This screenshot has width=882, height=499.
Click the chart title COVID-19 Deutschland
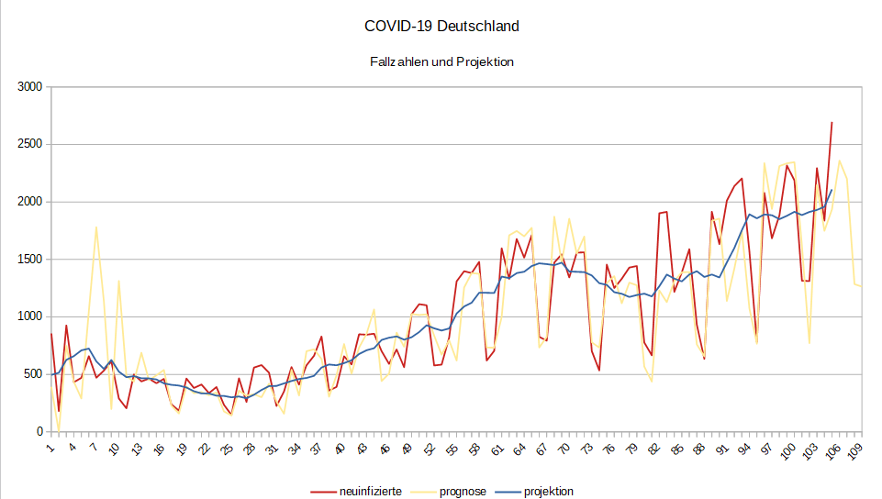point(441,26)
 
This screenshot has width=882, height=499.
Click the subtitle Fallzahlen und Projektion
point(441,62)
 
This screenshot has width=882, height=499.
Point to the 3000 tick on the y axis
point(30,87)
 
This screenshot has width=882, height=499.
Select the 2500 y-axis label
point(30,145)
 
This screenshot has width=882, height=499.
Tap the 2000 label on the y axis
point(30,202)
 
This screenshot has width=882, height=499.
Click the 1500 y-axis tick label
point(30,260)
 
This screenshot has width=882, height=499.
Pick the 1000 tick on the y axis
point(30,316)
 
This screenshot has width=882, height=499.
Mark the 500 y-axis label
point(33,374)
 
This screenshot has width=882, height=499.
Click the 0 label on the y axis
point(39,431)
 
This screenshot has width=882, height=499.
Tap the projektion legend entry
point(548,492)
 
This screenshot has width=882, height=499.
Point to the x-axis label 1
point(50,447)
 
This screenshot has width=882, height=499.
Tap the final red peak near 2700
point(832,122)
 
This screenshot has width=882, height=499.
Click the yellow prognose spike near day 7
point(96,227)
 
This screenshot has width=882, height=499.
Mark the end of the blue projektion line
point(832,190)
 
